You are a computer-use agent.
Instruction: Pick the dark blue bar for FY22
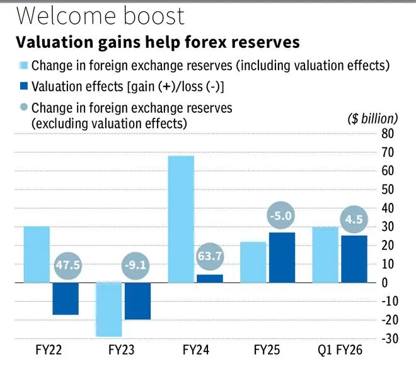pyautogui.click(x=66, y=299)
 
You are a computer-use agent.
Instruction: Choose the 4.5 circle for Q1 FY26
pyautogui.click(x=352, y=220)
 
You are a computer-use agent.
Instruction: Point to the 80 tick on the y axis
pyautogui.click(x=388, y=134)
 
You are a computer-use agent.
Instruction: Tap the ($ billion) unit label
pyautogui.click(x=372, y=118)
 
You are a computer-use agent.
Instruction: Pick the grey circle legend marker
pyautogui.click(x=23, y=108)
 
